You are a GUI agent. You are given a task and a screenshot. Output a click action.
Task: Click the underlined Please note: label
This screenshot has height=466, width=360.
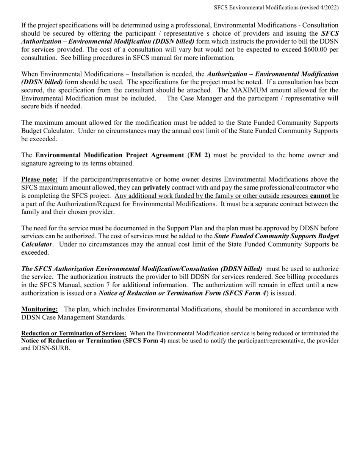pyautogui.click(x=39, y=179)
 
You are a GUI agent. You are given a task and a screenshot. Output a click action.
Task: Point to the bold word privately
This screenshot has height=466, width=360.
pyautogui.click(x=157, y=188)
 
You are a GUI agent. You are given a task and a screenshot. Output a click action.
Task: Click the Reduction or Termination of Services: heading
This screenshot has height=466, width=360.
pyautogui.click(x=74, y=333)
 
